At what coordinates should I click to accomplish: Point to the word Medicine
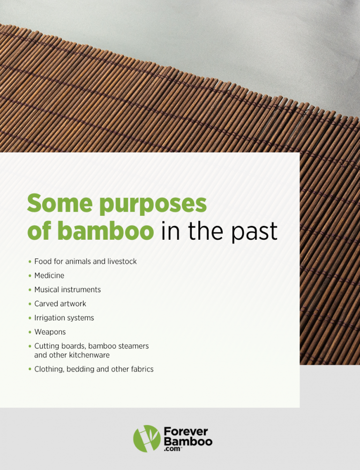coord(49,276)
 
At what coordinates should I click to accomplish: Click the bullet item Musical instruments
coord(67,290)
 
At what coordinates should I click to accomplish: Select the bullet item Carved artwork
coord(60,304)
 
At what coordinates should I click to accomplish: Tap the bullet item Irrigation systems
coord(64,318)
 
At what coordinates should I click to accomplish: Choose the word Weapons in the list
coord(50,332)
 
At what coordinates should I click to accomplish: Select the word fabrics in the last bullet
coord(140,370)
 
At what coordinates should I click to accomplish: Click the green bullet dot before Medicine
coord(30,276)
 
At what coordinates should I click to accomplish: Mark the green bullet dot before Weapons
coord(30,332)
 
